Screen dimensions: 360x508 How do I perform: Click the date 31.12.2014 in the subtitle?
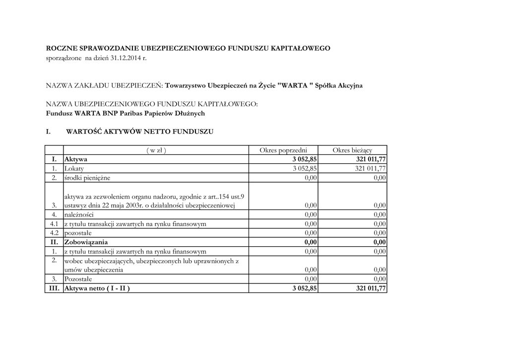coord(126,59)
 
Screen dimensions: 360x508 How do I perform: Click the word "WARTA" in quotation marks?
coord(294,85)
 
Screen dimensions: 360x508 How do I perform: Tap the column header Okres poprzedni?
coord(283,150)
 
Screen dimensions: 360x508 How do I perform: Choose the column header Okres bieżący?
coord(352,150)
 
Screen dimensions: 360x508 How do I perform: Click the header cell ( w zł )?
coord(156,150)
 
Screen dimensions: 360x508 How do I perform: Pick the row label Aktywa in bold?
coord(76,159)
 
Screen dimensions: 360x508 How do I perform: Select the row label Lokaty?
coord(74,168)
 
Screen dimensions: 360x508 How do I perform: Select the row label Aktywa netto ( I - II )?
coord(97,288)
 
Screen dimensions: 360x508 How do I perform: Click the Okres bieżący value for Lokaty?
coord(370,168)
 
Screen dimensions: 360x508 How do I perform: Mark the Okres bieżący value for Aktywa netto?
coord(370,288)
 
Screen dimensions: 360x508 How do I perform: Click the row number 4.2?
coord(54,233)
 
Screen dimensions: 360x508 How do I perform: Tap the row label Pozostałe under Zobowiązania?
coord(78,279)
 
